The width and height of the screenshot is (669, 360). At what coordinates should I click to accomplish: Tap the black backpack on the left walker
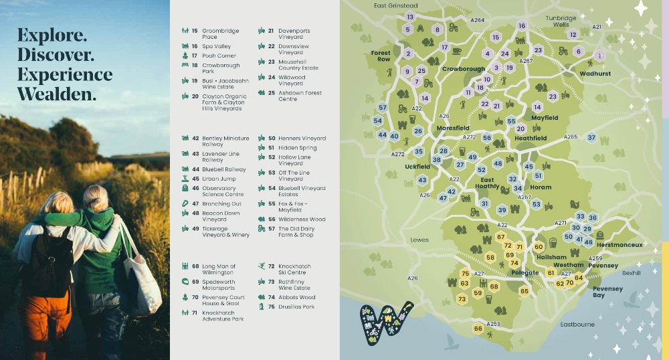coord(41,261)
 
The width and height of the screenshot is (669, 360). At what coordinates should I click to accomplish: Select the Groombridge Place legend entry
coord(214,34)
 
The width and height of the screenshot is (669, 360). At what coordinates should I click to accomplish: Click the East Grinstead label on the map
coord(395,6)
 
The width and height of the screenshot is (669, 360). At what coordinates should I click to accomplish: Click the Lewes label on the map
coord(419,239)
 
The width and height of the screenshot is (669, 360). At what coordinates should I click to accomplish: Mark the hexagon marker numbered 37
coord(591,138)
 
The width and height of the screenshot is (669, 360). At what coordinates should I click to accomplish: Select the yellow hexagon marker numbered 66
coord(478,329)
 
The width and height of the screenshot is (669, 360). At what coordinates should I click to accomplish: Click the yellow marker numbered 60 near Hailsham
coord(539,247)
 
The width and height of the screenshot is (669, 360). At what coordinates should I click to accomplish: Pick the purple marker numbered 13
coord(410,17)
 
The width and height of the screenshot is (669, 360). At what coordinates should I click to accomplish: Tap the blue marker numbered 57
coord(383,107)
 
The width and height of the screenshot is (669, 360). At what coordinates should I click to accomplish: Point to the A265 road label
coord(570,137)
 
